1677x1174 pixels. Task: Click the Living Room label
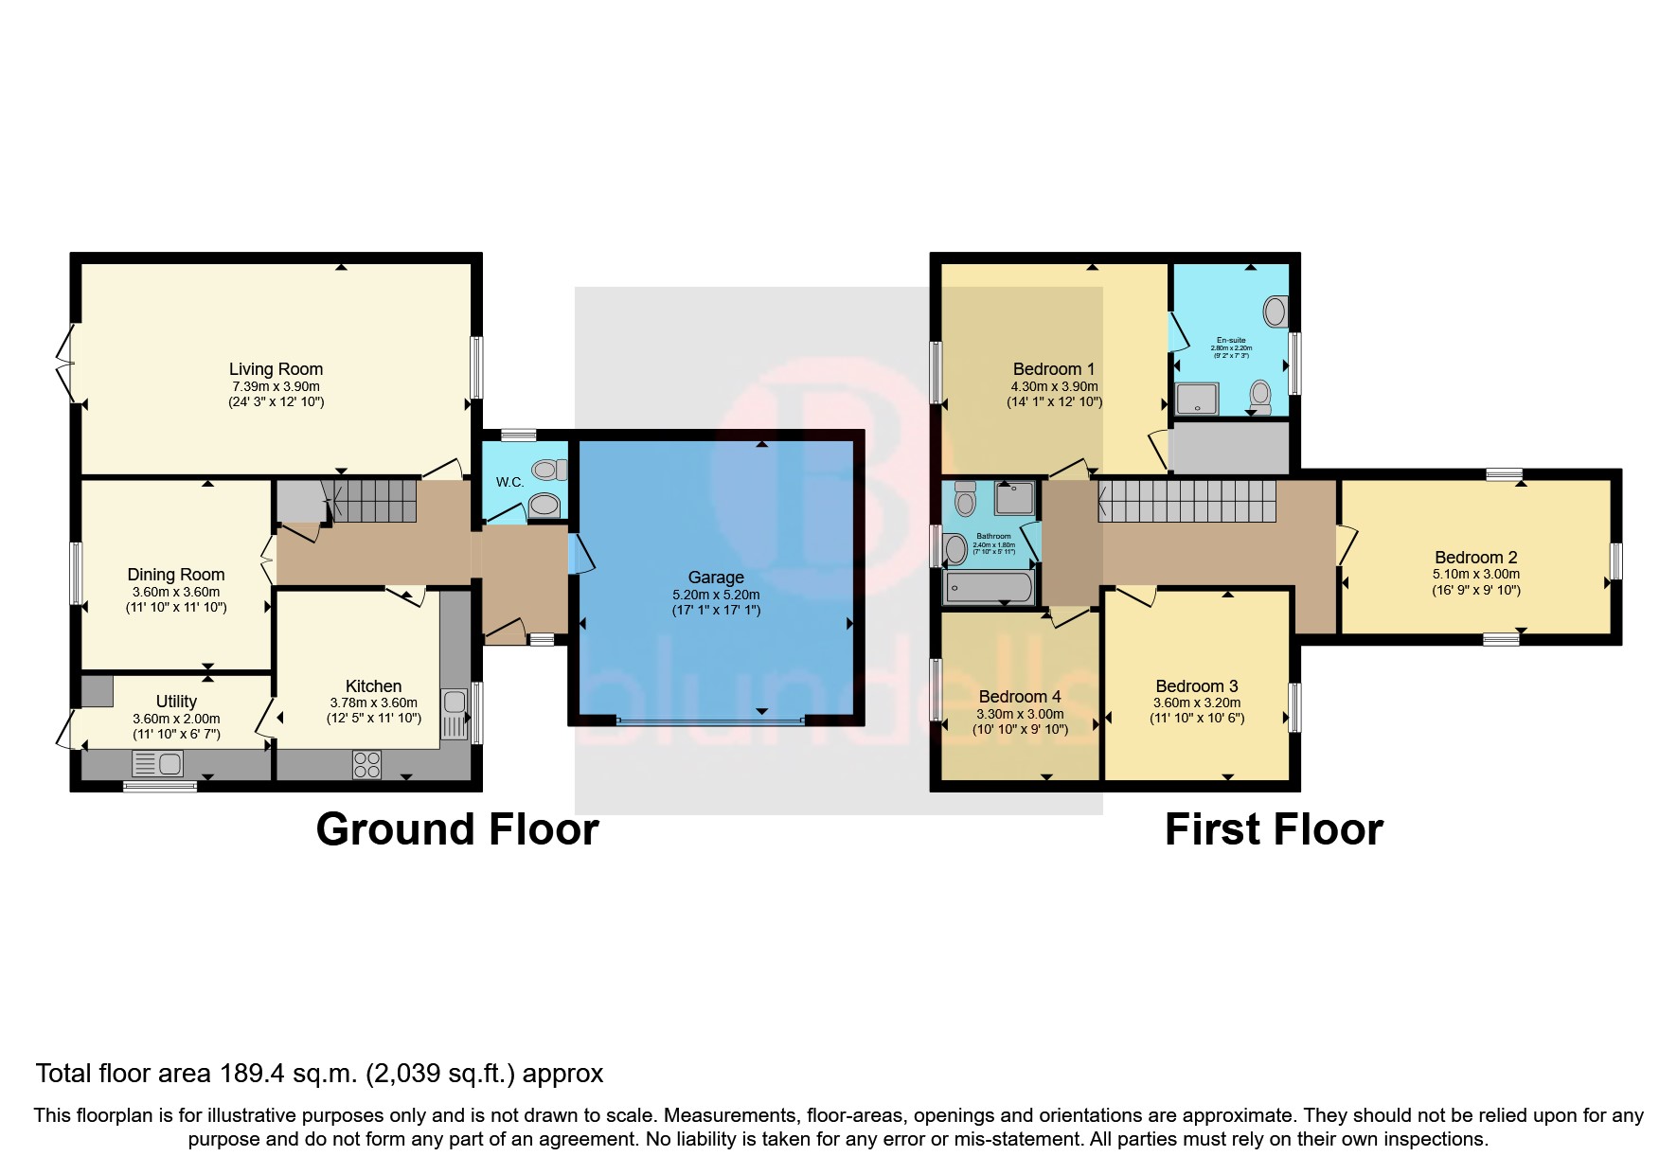(x=276, y=369)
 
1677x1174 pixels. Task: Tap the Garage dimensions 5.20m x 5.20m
(x=716, y=595)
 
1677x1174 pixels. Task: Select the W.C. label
(x=509, y=482)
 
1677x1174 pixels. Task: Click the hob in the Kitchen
(x=366, y=764)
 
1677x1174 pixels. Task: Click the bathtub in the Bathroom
(x=990, y=588)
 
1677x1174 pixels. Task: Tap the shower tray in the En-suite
(x=1198, y=400)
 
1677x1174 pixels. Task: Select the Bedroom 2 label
(x=1475, y=558)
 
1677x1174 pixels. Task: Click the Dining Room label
(x=176, y=575)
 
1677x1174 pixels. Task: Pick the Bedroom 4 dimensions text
(x=1020, y=721)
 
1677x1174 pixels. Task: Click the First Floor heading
(x=1274, y=829)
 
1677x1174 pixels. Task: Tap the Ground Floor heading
(x=457, y=829)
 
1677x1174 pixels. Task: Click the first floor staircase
(x=1186, y=501)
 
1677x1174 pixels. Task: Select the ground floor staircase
(x=375, y=500)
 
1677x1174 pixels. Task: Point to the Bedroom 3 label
(x=1196, y=686)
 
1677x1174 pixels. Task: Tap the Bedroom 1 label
(x=1053, y=369)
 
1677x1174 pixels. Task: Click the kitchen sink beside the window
(x=455, y=703)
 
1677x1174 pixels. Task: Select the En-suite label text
(x=1231, y=340)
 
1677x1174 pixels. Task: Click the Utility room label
(x=176, y=702)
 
